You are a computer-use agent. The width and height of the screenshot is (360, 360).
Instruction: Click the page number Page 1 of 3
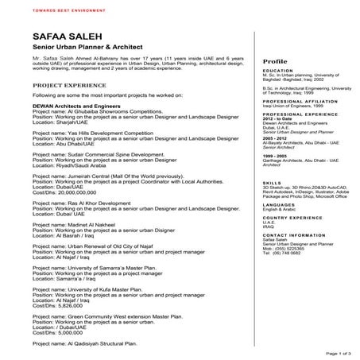click(x=337, y=350)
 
